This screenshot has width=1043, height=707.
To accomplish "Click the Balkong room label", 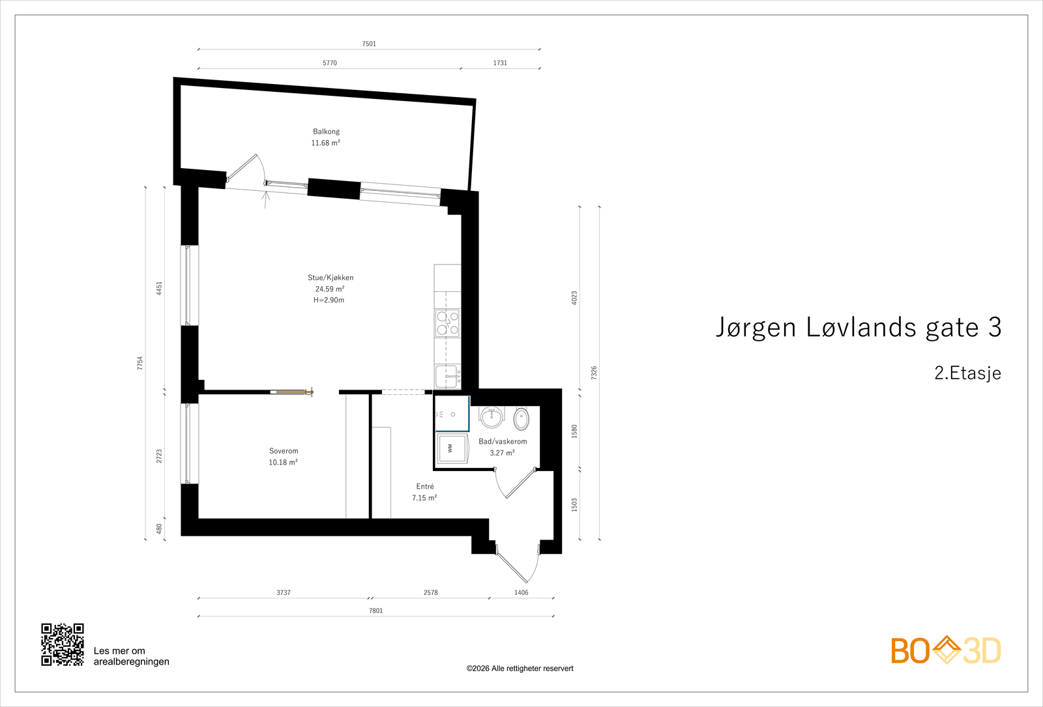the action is tap(326, 132).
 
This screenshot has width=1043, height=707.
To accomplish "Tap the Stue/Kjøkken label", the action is tap(330, 278).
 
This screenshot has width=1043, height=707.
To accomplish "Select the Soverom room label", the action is tap(284, 450).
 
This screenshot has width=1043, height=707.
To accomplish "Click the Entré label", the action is tap(424, 486).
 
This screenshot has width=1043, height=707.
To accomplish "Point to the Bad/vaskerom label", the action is tap(503, 441).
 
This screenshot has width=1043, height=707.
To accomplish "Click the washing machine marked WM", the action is tap(451, 448).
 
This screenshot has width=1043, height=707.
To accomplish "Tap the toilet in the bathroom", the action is tap(521, 418).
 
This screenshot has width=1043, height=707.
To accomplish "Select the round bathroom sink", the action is tap(492, 416).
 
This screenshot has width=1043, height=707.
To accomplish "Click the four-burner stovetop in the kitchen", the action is tap(447, 323).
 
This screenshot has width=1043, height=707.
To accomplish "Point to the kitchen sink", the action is tap(447, 377).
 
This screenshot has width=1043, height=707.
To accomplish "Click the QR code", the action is tap(63, 644).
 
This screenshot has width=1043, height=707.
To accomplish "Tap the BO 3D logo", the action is tap(946, 651).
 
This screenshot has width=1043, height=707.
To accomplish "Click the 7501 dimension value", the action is tap(369, 44).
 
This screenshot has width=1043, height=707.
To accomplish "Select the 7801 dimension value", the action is tap(375, 611).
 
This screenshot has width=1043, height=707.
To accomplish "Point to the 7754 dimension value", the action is tap(140, 363).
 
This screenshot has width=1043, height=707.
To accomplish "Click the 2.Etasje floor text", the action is tap(967, 373).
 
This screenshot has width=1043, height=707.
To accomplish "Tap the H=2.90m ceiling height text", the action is tap(329, 300).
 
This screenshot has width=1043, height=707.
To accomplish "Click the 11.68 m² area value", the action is tap(325, 143).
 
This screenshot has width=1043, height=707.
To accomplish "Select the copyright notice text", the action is tap(520, 669).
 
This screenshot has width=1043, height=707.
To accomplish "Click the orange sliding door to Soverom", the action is tap(291, 393).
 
